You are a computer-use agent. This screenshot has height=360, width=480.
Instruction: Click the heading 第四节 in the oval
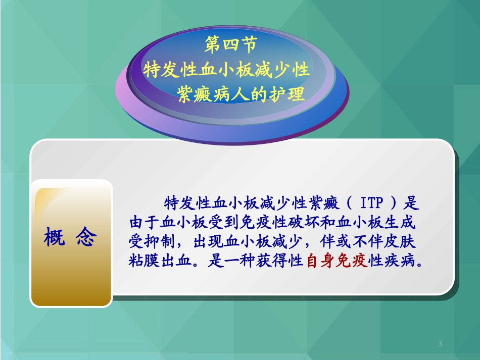pos(231,45)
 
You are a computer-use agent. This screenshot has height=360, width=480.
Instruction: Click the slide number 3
pos(440,344)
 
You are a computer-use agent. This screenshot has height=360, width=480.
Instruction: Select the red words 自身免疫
pos(337,262)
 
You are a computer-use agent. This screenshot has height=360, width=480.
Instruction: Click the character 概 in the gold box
pos(55,237)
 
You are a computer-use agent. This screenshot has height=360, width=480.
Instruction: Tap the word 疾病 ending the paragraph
pos(404,262)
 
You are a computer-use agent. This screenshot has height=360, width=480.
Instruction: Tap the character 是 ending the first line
pos(413,203)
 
